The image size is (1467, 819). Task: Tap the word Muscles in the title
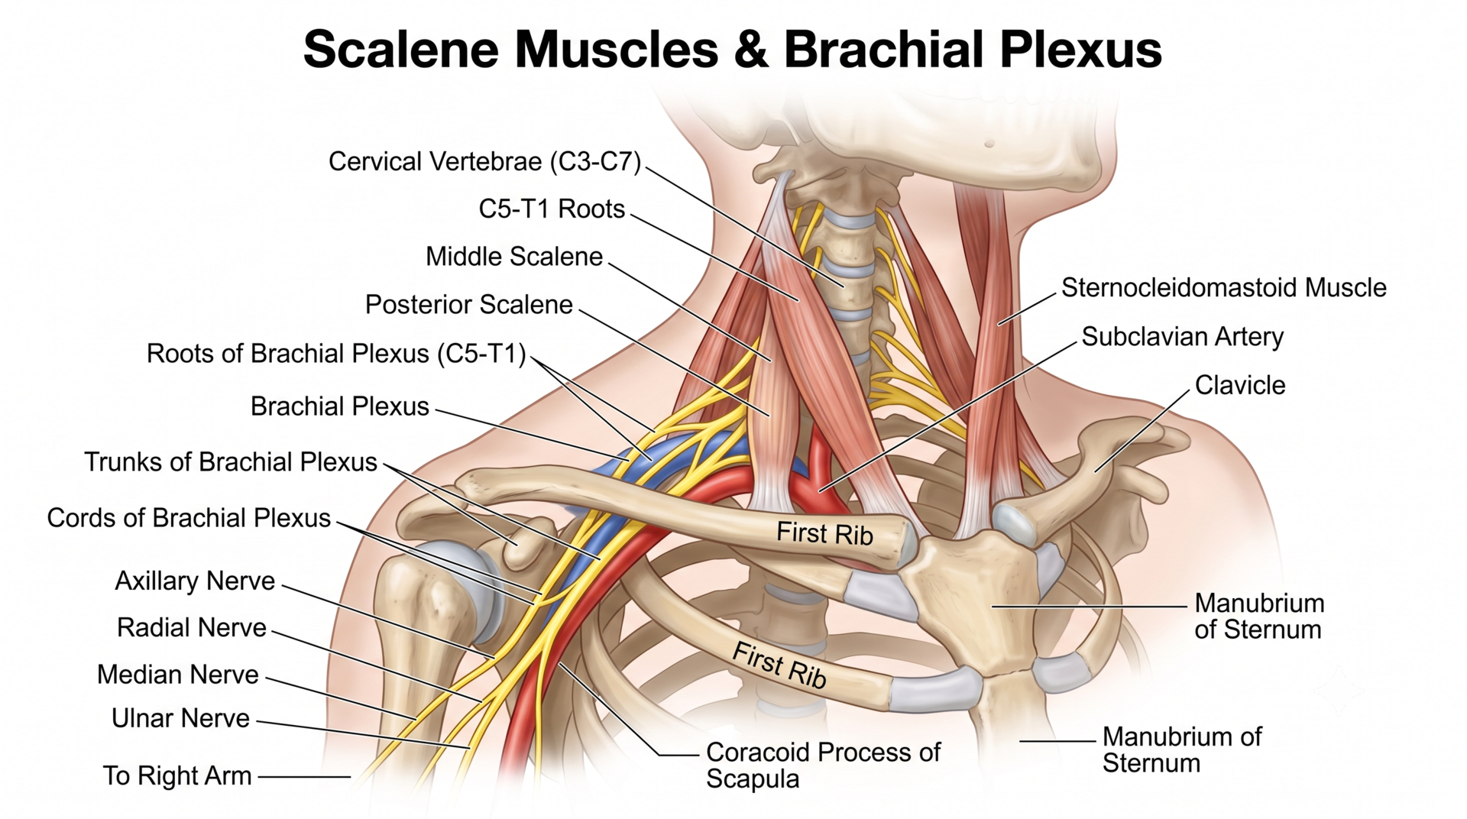pyautogui.click(x=617, y=50)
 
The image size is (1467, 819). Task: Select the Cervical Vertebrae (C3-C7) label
pyautogui.click(x=485, y=161)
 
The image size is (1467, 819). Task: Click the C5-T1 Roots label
pyautogui.click(x=552, y=209)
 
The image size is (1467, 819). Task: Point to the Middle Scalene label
pyautogui.click(x=514, y=257)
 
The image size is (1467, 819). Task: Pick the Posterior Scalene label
pyautogui.click(x=469, y=305)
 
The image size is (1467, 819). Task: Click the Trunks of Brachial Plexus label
pyautogui.click(x=231, y=462)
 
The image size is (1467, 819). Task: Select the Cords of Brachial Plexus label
pyautogui.click(x=189, y=518)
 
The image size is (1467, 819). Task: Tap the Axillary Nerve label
pyautogui.click(x=195, y=581)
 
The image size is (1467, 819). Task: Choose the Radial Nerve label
pyautogui.click(x=192, y=628)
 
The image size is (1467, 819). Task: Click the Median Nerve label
pyautogui.click(x=178, y=675)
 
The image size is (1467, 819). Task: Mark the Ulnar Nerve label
pyautogui.click(x=180, y=718)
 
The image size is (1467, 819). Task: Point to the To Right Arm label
pyautogui.click(x=177, y=775)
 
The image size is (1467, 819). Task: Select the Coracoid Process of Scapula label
pyautogui.click(x=824, y=766)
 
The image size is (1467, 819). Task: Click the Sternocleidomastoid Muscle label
pyautogui.click(x=1224, y=288)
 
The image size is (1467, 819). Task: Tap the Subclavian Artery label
pyautogui.click(x=1183, y=337)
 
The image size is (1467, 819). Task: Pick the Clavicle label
pyautogui.click(x=1240, y=385)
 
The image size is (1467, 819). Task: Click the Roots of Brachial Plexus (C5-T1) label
pyautogui.click(x=336, y=354)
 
